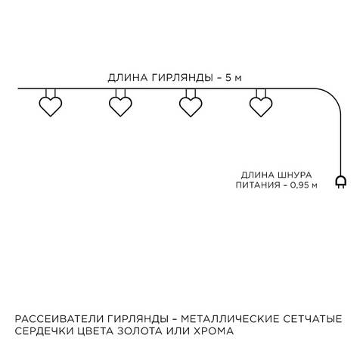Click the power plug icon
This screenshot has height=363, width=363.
pyautogui.click(x=340, y=182)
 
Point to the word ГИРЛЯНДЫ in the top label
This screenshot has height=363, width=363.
pyautogui.click(x=182, y=78)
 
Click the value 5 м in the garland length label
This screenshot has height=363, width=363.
pyautogui.click(x=234, y=78)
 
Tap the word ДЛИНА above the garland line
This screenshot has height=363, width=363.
pyautogui.click(x=128, y=78)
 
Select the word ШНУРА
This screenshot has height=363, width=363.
pyautogui.click(x=294, y=175)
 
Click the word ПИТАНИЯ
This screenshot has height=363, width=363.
pyautogui.click(x=258, y=185)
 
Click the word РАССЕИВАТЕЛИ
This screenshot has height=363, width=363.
pyautogui.click(x=59, y=319)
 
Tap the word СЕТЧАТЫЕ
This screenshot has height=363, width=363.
pyautogui.click(x=312, y=319)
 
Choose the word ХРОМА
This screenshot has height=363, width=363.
pyautogui.click(x=213, y=331)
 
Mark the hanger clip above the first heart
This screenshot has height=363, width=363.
pyautogui.click(x=51, y=93)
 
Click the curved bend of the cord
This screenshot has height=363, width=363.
pyautogui.click(x=334, y=96)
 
